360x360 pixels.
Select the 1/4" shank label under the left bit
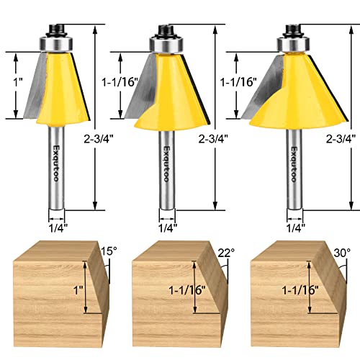tap(57, 226)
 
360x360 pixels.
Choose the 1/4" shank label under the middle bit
tap(167, 226)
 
